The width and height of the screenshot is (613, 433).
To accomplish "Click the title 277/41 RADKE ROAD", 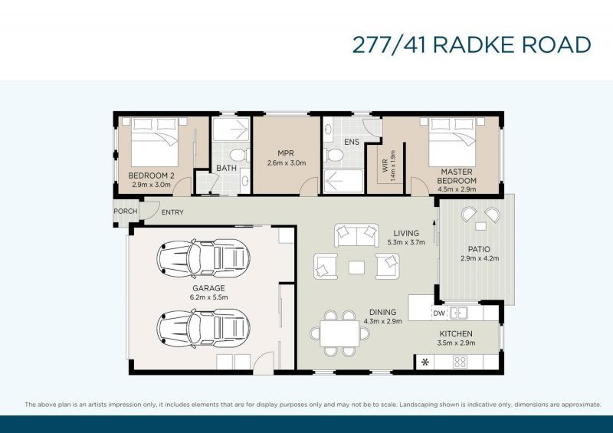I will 471,44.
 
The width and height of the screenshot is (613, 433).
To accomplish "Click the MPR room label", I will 286,153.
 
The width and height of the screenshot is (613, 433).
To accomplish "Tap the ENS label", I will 351,142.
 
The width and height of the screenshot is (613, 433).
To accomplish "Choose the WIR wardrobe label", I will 385,165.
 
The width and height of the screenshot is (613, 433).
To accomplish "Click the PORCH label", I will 125,212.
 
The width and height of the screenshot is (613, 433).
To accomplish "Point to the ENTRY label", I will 172,212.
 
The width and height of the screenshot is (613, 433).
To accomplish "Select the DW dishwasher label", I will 438,313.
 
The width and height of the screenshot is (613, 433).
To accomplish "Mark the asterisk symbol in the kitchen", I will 424,362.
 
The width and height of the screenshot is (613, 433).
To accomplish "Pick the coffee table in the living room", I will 356,267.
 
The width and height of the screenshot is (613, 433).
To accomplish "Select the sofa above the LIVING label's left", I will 356,232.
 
